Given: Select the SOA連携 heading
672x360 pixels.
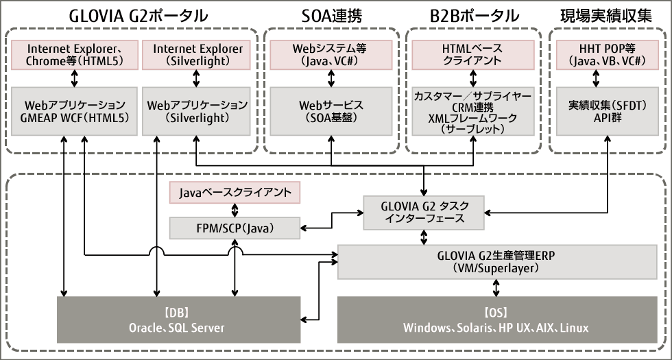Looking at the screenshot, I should tap(331, 14).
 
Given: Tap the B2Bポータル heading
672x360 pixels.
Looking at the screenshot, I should tap(472, 14).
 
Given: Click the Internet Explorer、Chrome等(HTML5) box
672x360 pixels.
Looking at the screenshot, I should tap(74, 55).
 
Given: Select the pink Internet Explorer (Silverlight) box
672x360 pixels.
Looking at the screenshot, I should tap(197, 55).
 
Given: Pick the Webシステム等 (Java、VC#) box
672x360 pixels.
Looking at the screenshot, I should tap(331, 55).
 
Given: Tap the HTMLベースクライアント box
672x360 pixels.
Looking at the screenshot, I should tap(472, 55).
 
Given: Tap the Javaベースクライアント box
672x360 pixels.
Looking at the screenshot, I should tap(235, 193).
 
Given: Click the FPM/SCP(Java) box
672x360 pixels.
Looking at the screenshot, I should tap(235, 227).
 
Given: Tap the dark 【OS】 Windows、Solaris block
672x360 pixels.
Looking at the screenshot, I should tap(496, 319).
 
